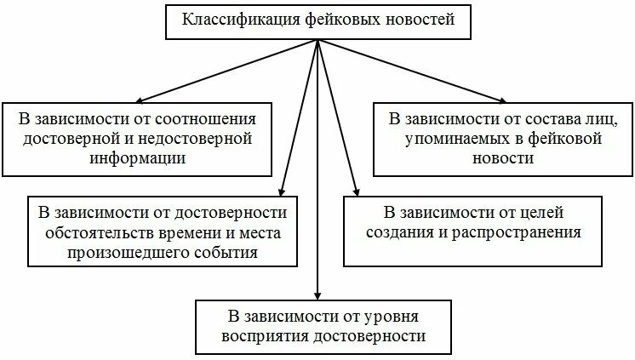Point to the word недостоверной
pyautogui.click(x=198, y=138)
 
